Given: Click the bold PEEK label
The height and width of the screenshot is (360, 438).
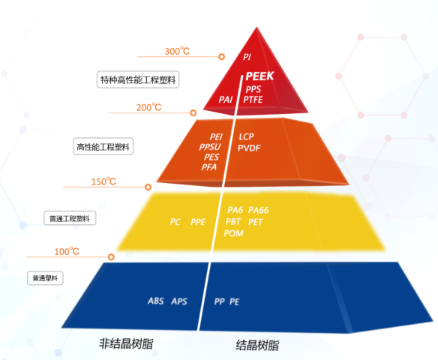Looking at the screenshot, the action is pyautogui.click(x=259, y=76).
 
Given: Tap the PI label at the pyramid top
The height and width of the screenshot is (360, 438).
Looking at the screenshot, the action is pyautogui.click(x=247, y=57).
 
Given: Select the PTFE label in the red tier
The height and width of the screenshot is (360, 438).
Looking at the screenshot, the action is pyautogui.click(x=253, y=100).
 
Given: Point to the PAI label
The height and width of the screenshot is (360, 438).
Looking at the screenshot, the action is pyautogui.click(x=226, y=100).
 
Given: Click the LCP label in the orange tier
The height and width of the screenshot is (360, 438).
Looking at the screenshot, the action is pyautogui.click(x=246, y=136).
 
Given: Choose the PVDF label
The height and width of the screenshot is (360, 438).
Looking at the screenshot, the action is pyautogui.click(x=249, y=148).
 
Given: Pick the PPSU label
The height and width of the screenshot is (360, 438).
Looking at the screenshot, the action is pyautogui.click(x=210, y=147).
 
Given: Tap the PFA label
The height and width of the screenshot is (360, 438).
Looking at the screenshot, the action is pyautogui.click(x=209, y=167).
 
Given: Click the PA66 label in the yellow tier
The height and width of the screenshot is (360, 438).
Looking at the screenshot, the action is pyautogui.click(x=259, y=210).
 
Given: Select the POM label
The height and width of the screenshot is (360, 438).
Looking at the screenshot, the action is pyautogui.click(x=233, y=233).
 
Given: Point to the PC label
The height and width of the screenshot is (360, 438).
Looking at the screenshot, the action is pyautogui.click(x=175, y=222).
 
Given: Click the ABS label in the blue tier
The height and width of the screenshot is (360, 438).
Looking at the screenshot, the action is pyautogui.click(x=156, y=301).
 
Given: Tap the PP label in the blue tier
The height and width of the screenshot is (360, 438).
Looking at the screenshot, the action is pyautogui.click(x=219, y=301).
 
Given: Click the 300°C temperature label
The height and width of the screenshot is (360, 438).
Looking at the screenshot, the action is pyautogui.click(x=177, y=51).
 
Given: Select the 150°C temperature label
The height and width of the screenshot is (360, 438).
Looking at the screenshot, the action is pyautogui.click(x=103, y=181).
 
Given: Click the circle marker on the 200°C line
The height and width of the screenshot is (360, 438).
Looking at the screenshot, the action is pyautogui.click(x=193, y=112).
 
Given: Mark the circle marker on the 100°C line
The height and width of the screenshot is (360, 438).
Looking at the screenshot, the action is pyautogui.click(x=111, y=257).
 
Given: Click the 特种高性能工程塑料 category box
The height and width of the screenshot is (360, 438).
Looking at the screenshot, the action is pyautogui.click(x=138, y=79).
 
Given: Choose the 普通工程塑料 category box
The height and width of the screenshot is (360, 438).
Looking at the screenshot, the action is pyautogui.click(x=70, y=218).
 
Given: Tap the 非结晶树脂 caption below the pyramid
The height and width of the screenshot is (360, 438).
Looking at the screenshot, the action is pyautogui.click(x=126, y=343).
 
